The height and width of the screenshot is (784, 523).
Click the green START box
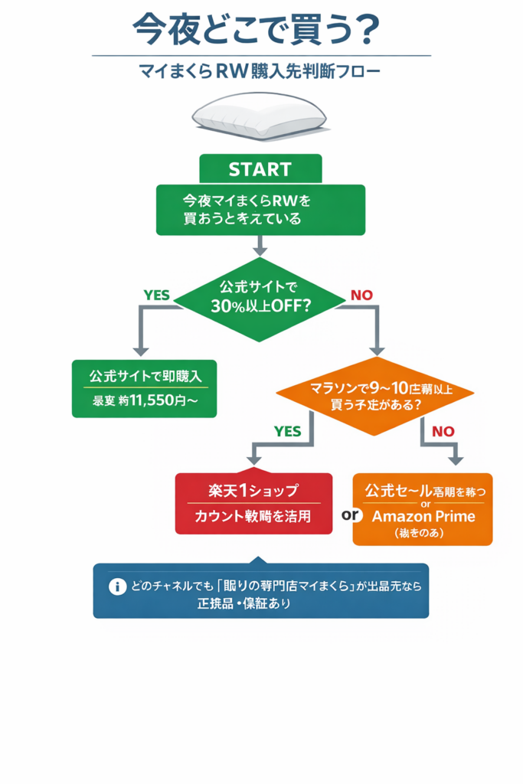click(x=260, y=168)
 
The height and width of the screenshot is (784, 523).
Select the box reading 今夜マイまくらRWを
click(x=260, y=209)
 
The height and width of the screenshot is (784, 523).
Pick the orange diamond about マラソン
click(x=374, y=396)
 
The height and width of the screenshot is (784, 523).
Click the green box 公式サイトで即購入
click(x=144, y=388)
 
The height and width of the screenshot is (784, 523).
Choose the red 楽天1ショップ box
click(x=253, y=503)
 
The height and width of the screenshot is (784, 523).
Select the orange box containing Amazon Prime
click(x=423, y=508)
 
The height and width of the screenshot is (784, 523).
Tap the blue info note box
click(x=260, y=590)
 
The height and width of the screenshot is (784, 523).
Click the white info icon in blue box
click(x=117, y=586)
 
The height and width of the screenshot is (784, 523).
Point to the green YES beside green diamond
click(x=157, y=295)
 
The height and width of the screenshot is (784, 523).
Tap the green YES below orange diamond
click(x=287, y=431)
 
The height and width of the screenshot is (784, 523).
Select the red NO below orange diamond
click(x=443, y=431)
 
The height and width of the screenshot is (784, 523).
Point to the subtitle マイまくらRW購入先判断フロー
click(x=260, y=73)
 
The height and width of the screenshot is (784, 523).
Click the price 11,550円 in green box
click(x=152, y=400)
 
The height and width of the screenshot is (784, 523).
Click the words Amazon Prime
click(x=423, y=516)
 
